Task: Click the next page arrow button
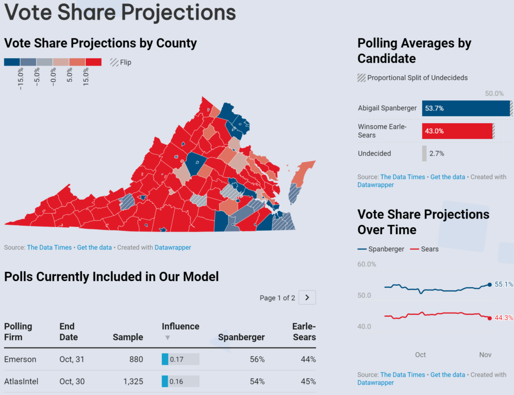click(x=307, y=298)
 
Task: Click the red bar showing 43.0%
click(x=457, y=131)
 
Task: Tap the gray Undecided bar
click(x=425, y=153)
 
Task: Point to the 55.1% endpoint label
click(x=503, y=284)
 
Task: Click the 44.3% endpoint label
click(x=503, y=318)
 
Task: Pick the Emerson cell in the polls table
click(x=21, y=359)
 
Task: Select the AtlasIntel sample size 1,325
click(x=133, y=381)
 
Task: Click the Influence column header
click(x=180, y=326)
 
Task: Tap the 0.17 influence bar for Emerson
click(x=180, y=359)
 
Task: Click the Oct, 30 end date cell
click(x=72, y=381)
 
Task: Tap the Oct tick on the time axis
click(x=421, y=355)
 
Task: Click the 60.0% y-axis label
click(x=367, y=264)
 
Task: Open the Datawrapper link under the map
click(x=173, y=247)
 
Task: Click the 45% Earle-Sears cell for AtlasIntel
click(x=309, y=381)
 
